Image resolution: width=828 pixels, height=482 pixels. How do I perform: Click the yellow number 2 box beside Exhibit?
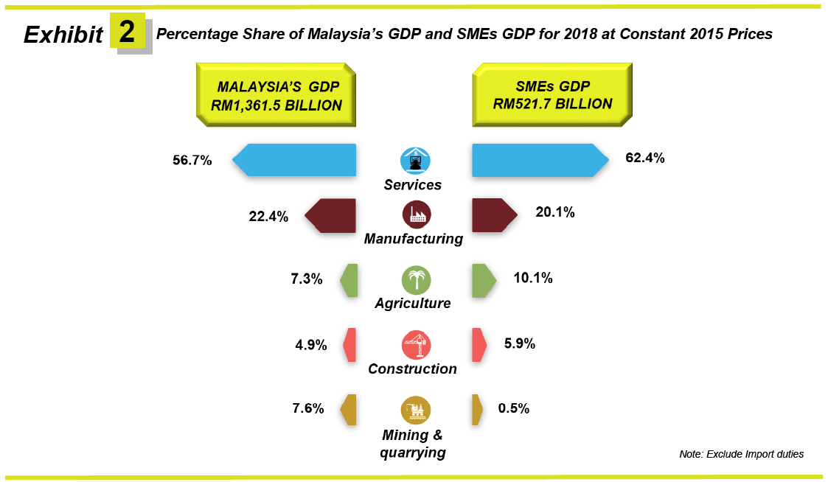(x=127, y=31)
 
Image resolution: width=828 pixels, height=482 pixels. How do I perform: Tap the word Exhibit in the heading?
(x=63, y=35)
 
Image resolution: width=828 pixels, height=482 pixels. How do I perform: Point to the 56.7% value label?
(x=192, y=159)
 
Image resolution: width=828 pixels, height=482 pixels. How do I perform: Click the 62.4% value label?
(x=645, y=158)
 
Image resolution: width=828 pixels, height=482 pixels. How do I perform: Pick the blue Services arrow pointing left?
(x=295, y=160)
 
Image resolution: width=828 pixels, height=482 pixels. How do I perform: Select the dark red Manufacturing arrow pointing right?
(x=495, y=214)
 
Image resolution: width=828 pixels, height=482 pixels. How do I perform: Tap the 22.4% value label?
(x=268, y=216)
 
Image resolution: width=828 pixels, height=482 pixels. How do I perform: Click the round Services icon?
(x=415, y=160)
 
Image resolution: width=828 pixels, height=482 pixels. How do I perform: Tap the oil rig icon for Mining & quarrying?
(x=416, y=409)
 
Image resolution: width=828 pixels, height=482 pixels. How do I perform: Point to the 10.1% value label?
(x=533, y=279)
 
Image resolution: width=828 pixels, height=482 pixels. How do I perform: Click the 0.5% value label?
(x=514, y=408)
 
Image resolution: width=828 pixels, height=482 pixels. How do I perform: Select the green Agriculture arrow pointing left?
(x=349, y=280)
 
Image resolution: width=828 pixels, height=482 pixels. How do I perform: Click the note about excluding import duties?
(x=741, y=454)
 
